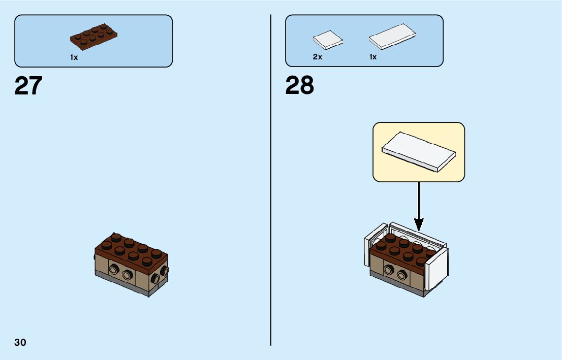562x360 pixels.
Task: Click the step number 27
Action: pos(28,86)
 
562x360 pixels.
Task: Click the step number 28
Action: pos(300,86)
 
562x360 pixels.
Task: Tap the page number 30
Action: pos(20,342)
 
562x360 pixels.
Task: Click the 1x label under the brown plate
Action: pos(74,58)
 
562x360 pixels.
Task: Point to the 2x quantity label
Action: pos(318,57)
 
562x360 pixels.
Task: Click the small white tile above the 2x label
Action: pos(327,41)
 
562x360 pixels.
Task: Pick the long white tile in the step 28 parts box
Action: pos(393,37)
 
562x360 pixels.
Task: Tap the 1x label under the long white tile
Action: pos(373,57)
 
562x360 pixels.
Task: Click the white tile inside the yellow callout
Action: pos(419,151)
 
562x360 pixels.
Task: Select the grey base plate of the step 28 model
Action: pos(396,284)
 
